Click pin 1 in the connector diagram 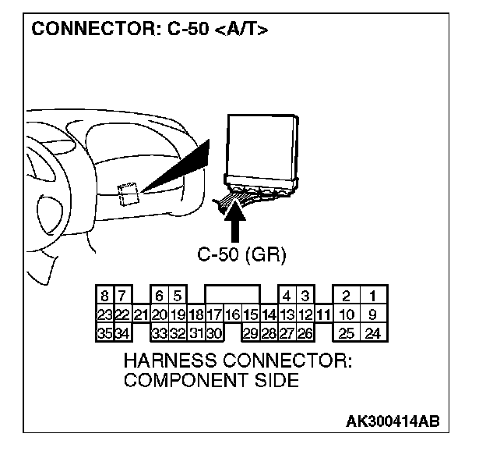coord(374,296)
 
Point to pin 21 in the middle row coord(141,315)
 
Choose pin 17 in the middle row coord(214,315)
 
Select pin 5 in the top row coord(178,296)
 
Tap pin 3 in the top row coord(305,296)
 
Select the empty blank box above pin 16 coord(232,295)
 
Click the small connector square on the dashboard coord(129,192)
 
